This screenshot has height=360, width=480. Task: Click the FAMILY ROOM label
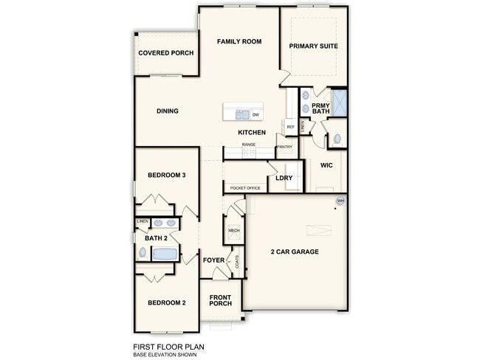[239, 42]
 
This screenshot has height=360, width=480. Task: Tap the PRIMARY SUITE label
[313, 46]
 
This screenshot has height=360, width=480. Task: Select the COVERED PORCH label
[166, 53]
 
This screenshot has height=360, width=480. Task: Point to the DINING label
[168, 111]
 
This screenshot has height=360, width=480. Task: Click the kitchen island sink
[242, 114]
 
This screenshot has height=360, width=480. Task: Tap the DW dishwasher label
[256, 115]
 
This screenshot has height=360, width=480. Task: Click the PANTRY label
[285, 147]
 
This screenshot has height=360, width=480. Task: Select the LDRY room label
[284, 178]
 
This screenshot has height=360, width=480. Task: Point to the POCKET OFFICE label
[245, 188]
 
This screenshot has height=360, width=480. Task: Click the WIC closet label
[326, 165]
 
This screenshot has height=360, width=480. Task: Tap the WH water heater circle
[340, 201]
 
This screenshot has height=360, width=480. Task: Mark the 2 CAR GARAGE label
[295, 252]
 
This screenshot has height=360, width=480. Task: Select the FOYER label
[213, 260]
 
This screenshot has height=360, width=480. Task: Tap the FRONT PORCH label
[220, 300]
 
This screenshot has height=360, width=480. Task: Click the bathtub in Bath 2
[165, 254]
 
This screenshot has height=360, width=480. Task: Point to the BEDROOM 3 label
[166, 175]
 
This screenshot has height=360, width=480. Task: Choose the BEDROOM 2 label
[166, 302]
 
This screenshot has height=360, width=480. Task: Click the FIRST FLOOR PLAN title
[168, 346]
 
